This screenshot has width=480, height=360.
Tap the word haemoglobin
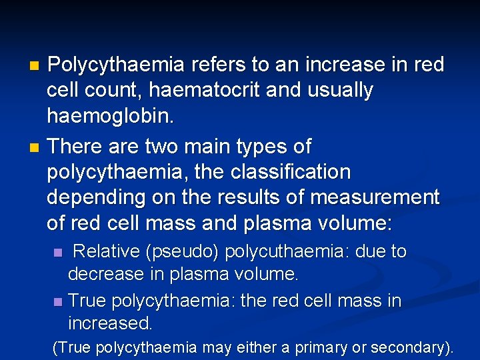coord(109,117)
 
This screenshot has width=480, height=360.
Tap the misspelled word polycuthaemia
coord(288,252)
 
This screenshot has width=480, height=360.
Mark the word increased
coord(110,324)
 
